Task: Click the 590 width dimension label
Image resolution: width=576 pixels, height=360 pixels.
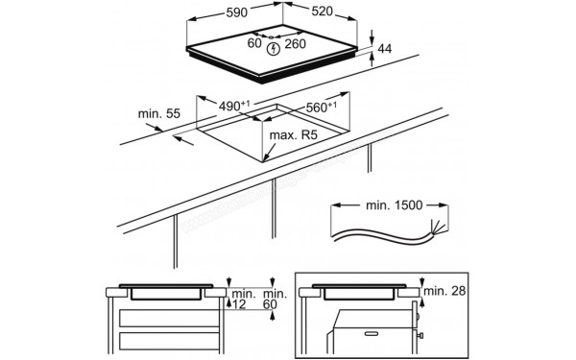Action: pos(236,12)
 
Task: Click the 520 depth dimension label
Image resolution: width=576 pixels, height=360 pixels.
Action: pos(323,12)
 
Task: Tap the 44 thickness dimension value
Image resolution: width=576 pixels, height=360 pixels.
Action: pos(385,49)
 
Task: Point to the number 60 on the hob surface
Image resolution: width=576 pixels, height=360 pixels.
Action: pos(254,43)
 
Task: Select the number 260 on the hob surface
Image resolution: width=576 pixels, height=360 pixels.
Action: pos(296,44)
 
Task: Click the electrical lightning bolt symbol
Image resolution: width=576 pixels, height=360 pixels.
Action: pos(274,49)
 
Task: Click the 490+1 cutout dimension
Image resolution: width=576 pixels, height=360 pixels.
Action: pos(234,106)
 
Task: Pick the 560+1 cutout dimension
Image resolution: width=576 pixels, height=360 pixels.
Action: pos(321,107)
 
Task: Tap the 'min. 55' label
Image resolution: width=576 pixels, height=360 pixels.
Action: pos(159,114)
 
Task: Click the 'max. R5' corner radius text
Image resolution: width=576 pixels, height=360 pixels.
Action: pos(293,135)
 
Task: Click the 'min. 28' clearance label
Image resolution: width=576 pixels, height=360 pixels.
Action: pos(444,291)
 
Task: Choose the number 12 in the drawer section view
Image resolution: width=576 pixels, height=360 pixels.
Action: pos(239,304)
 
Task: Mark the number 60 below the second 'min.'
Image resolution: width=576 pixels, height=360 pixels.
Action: pos(270,304)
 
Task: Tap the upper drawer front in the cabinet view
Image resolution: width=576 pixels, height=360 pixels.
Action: pos(169,318)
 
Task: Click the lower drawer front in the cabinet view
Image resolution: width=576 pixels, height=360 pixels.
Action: pos(169,341)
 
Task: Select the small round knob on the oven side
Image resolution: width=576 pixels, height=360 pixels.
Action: pos(420,335)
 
